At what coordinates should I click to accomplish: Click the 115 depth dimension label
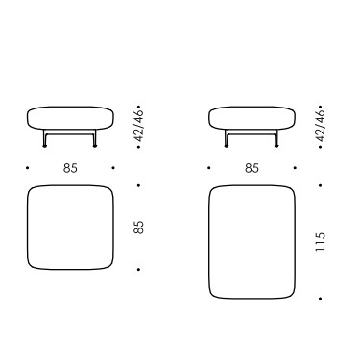(x=320, y=241)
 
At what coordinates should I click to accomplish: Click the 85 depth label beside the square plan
(x=138, y=228)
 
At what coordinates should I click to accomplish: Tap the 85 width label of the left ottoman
(x=70, y=168)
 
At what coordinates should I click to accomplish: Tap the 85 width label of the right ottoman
(x=252, y=168)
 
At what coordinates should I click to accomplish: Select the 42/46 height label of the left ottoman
(x=139, y=126)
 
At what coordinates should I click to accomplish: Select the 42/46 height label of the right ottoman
(x=321, y=126)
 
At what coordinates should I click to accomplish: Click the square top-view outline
(x=28, y=228)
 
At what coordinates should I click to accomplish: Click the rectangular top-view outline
(x=209, y=242)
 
